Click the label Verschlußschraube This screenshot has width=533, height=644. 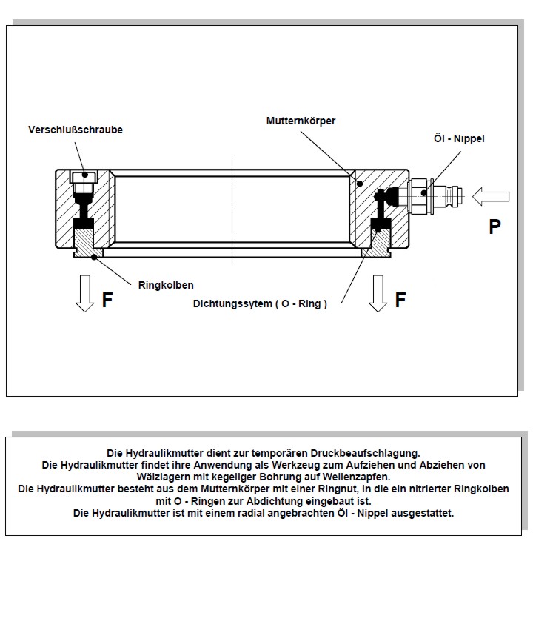point(76,130)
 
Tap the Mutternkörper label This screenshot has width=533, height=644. point(301,120)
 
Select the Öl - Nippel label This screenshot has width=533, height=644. point(459,138)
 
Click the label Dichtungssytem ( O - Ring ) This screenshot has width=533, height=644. point(260,303)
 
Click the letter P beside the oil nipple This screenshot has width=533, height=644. point(495,227)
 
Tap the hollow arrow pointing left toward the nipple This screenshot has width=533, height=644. point(492,196)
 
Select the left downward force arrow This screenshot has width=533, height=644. point(86,293)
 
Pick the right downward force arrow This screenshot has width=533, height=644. point(379,293)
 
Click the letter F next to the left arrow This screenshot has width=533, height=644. point(107,301)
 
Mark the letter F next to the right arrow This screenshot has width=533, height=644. point(400,300)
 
